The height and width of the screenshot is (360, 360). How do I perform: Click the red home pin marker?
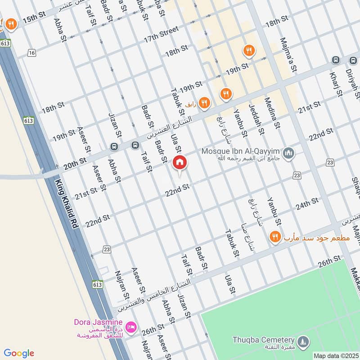(x=179, y=162)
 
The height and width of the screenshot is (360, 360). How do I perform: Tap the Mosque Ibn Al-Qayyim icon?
(x=289, y=154)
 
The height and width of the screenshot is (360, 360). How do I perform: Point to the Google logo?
(x=19, y=353)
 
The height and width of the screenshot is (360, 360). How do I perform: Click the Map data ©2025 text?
(x=335, y=355)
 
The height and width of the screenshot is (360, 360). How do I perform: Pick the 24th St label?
(x=307, y=203)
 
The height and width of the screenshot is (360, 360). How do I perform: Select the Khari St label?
(x=336, y=84)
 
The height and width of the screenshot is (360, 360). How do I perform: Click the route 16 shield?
(x=31, y=53)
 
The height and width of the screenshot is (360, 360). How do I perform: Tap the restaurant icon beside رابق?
(x=205, y=103)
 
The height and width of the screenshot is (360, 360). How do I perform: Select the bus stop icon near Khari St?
(x=335, y=60)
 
